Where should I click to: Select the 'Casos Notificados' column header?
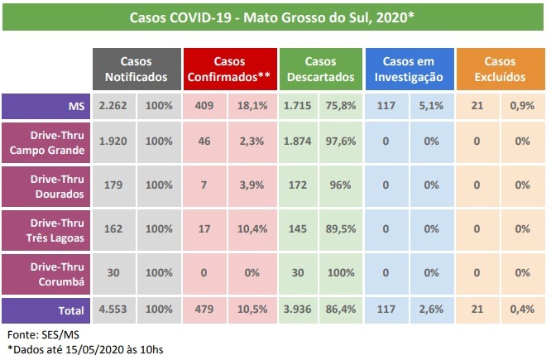click(136, 70)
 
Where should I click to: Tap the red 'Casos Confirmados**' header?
click(229, 70)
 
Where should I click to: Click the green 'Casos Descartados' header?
click(319, 70)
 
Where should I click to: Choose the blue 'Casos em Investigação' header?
click(409, 70)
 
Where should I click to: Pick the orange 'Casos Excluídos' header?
click(500, 70)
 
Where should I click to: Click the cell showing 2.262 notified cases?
click(112, 106)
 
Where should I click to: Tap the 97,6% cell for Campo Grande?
click(341, 142)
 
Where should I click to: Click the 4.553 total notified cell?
click(112, 311)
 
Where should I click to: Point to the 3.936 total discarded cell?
click(296, 311)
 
